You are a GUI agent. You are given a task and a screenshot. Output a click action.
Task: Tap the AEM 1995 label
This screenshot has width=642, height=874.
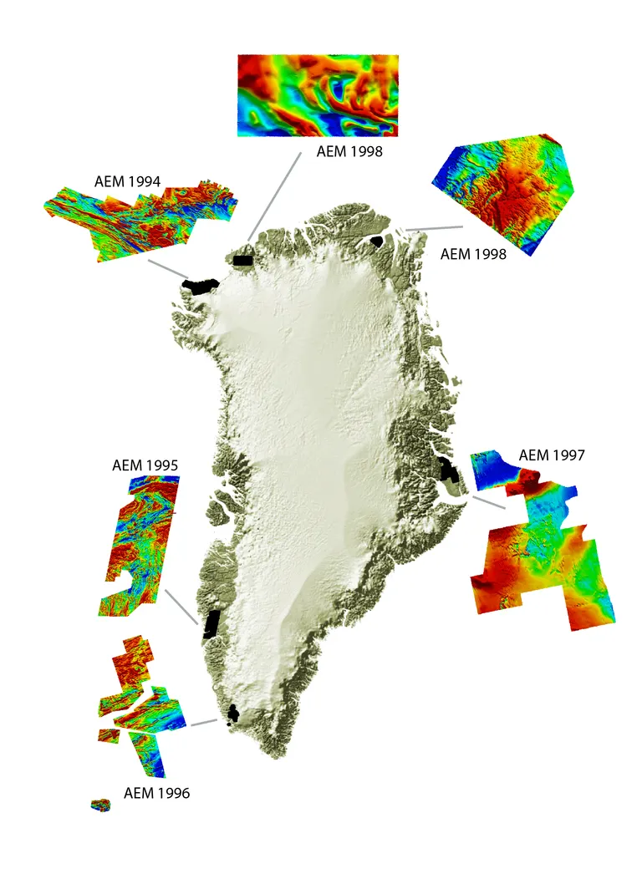point(144,465)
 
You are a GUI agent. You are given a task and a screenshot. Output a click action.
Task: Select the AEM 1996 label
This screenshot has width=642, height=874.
point(156,792)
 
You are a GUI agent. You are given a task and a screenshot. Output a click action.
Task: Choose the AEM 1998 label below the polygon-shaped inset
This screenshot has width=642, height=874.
point(473,254)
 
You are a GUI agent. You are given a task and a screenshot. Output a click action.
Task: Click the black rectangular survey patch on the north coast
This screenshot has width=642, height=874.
point(243,261)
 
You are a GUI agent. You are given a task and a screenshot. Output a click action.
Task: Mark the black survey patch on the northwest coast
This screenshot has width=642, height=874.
point(199,287)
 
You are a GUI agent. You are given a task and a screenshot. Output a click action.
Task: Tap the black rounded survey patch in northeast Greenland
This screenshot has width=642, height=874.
point(376,241)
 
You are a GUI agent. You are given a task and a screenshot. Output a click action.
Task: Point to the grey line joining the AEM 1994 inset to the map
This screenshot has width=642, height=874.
point(167,269)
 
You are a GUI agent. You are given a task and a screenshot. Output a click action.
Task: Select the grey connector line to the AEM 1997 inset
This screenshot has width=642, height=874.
point(487,501)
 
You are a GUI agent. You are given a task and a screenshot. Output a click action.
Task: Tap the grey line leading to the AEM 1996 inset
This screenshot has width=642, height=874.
point(205,721)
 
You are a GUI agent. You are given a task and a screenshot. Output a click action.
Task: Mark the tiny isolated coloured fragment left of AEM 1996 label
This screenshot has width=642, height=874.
point(100,805)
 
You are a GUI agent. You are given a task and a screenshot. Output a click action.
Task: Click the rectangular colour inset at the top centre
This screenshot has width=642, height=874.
point(318,95)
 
